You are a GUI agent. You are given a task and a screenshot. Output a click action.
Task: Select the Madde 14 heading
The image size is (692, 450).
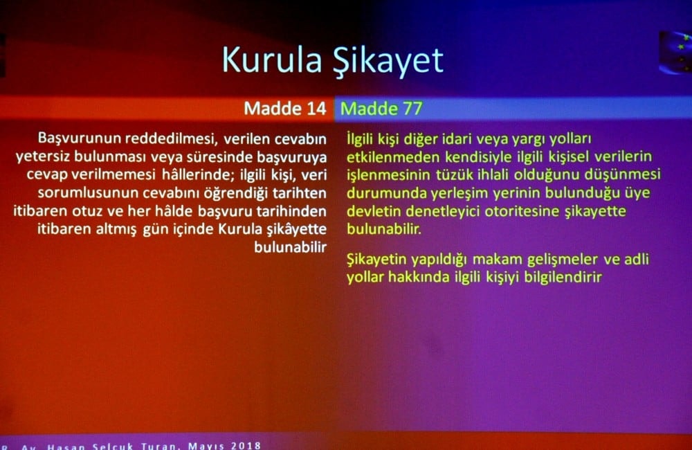pos(285,109)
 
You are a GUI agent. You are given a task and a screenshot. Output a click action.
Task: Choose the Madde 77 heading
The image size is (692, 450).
pos(381,109)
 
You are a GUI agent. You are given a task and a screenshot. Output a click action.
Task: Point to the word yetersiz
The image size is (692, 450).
pos(42,156)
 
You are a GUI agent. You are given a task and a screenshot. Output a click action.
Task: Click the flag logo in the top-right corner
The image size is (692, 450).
pos(675,52)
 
